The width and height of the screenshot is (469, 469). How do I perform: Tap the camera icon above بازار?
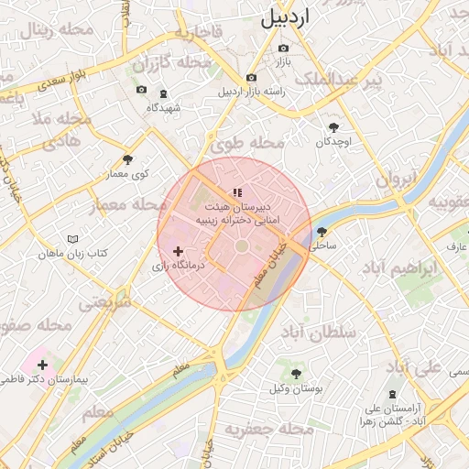tap(283, 48)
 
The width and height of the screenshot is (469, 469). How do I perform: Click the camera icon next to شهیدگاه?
tap(141, 89)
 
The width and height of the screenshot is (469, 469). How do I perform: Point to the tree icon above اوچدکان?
tap(333, 127)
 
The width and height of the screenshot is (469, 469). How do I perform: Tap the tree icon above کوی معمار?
tap(127, 159)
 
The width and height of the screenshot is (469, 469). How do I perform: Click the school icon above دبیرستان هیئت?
tap(237, 192)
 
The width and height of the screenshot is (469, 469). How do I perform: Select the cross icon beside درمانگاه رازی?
tap(178, 250)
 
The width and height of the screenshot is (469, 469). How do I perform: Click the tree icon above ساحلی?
tap(322, 232)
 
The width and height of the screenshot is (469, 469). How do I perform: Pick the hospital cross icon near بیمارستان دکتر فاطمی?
tap(42, 365)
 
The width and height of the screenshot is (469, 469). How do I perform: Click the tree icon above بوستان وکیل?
tap(296, 374)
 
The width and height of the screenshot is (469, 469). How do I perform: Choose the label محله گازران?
tap(171, 64)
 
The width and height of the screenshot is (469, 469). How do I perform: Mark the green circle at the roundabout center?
tap(241, 246)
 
